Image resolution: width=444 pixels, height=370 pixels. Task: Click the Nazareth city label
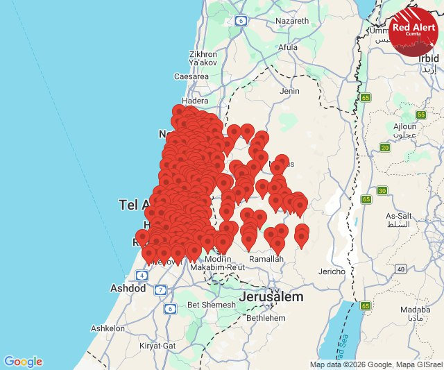point(291,21)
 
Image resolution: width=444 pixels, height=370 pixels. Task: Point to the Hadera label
point(194,100)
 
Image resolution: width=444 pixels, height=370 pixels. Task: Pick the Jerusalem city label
point(271,296)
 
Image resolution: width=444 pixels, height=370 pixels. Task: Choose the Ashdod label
point(128,288)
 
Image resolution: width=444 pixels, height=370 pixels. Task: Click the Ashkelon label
point(108,328)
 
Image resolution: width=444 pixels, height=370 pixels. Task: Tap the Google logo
point(23,362)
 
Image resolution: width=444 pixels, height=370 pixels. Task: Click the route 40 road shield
point(401,269)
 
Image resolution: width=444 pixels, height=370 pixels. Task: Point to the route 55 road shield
point(420,115)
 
